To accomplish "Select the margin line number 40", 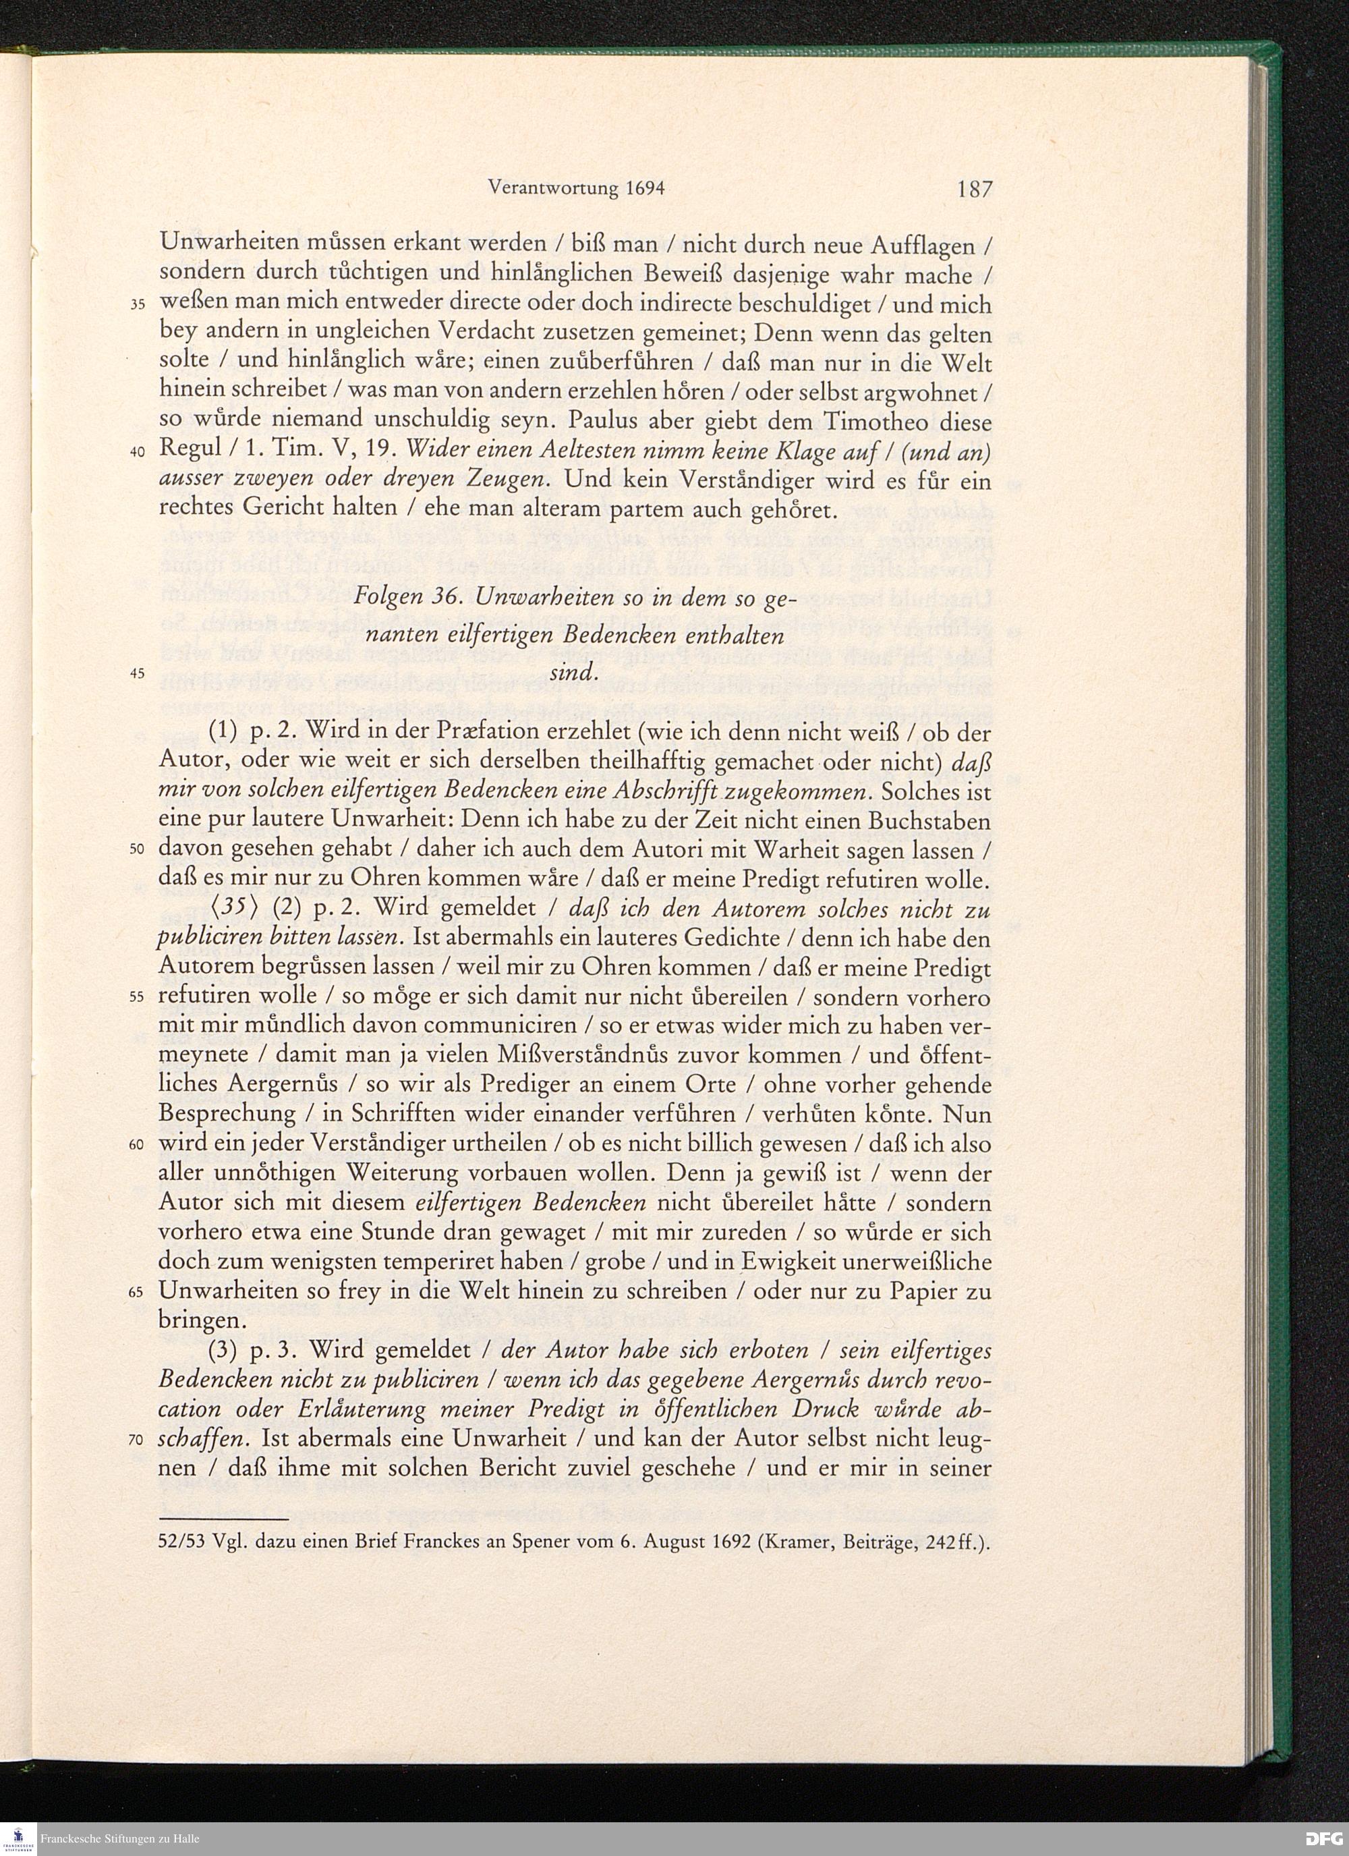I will tap(138, 453).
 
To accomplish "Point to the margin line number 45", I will tap(138, 673).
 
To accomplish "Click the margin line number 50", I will tap(138, 849).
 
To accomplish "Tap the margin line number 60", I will tap(138, 1145).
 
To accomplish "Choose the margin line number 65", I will tap(138, 1292).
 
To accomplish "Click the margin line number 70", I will tap(138, 1440).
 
